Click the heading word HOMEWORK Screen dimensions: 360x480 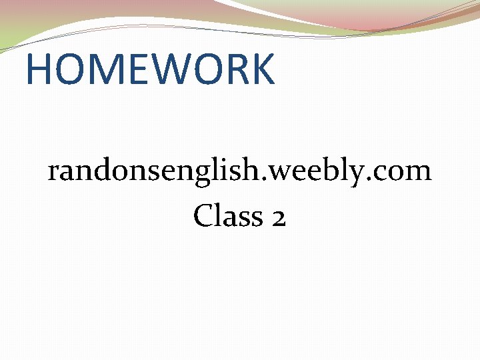150,69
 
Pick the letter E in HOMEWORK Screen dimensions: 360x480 131,69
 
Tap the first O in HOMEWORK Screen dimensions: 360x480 67,69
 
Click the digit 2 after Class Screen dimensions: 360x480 279,217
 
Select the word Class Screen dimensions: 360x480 227,215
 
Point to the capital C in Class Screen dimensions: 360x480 203,215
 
